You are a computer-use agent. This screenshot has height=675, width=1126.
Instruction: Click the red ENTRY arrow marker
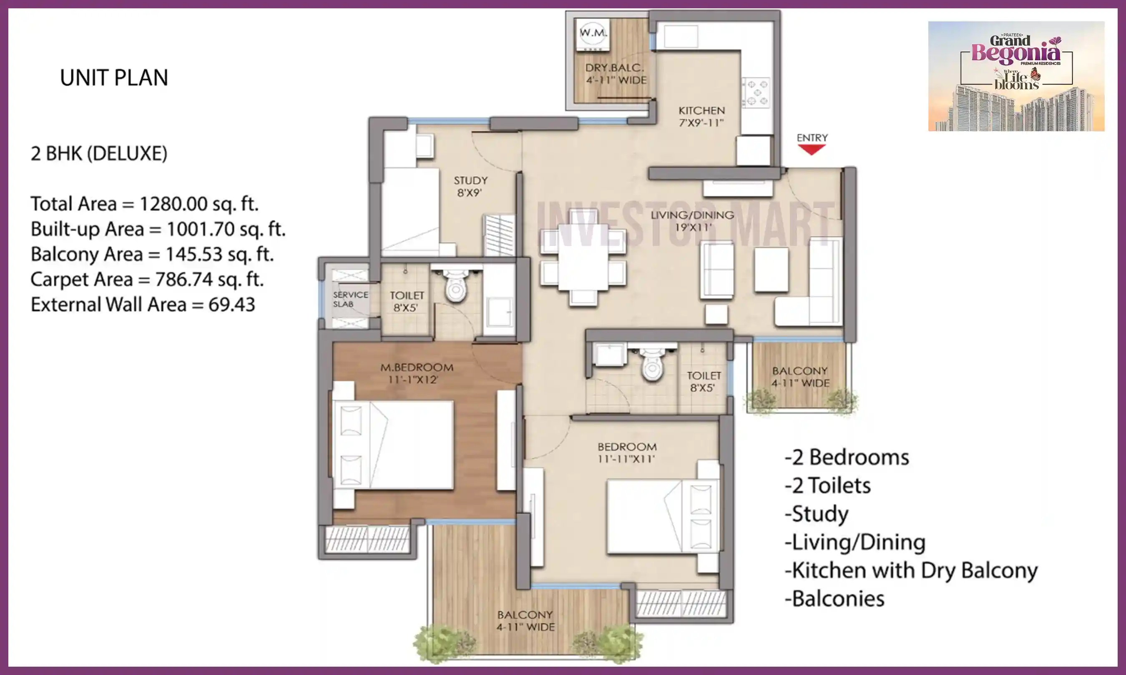(x=812, y=150)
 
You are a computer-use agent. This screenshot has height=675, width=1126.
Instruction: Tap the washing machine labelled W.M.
(x=593, y=35)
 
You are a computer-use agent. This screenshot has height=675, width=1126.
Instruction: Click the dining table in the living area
(x=583, y=257)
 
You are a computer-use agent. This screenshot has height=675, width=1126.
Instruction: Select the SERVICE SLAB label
(x=350, y=299)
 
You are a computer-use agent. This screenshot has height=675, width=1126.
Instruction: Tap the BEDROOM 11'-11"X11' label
(x=627, y=452)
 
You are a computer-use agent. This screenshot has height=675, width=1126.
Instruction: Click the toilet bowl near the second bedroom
(x=652, y=363)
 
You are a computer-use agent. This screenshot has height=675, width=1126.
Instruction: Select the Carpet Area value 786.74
(x=183, y=279)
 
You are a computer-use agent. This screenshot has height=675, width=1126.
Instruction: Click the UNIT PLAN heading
(x=114, y=78)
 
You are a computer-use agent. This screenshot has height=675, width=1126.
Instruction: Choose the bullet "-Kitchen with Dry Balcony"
(x=911, y=570)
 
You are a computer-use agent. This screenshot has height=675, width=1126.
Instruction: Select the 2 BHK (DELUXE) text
(x=99, y=154)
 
